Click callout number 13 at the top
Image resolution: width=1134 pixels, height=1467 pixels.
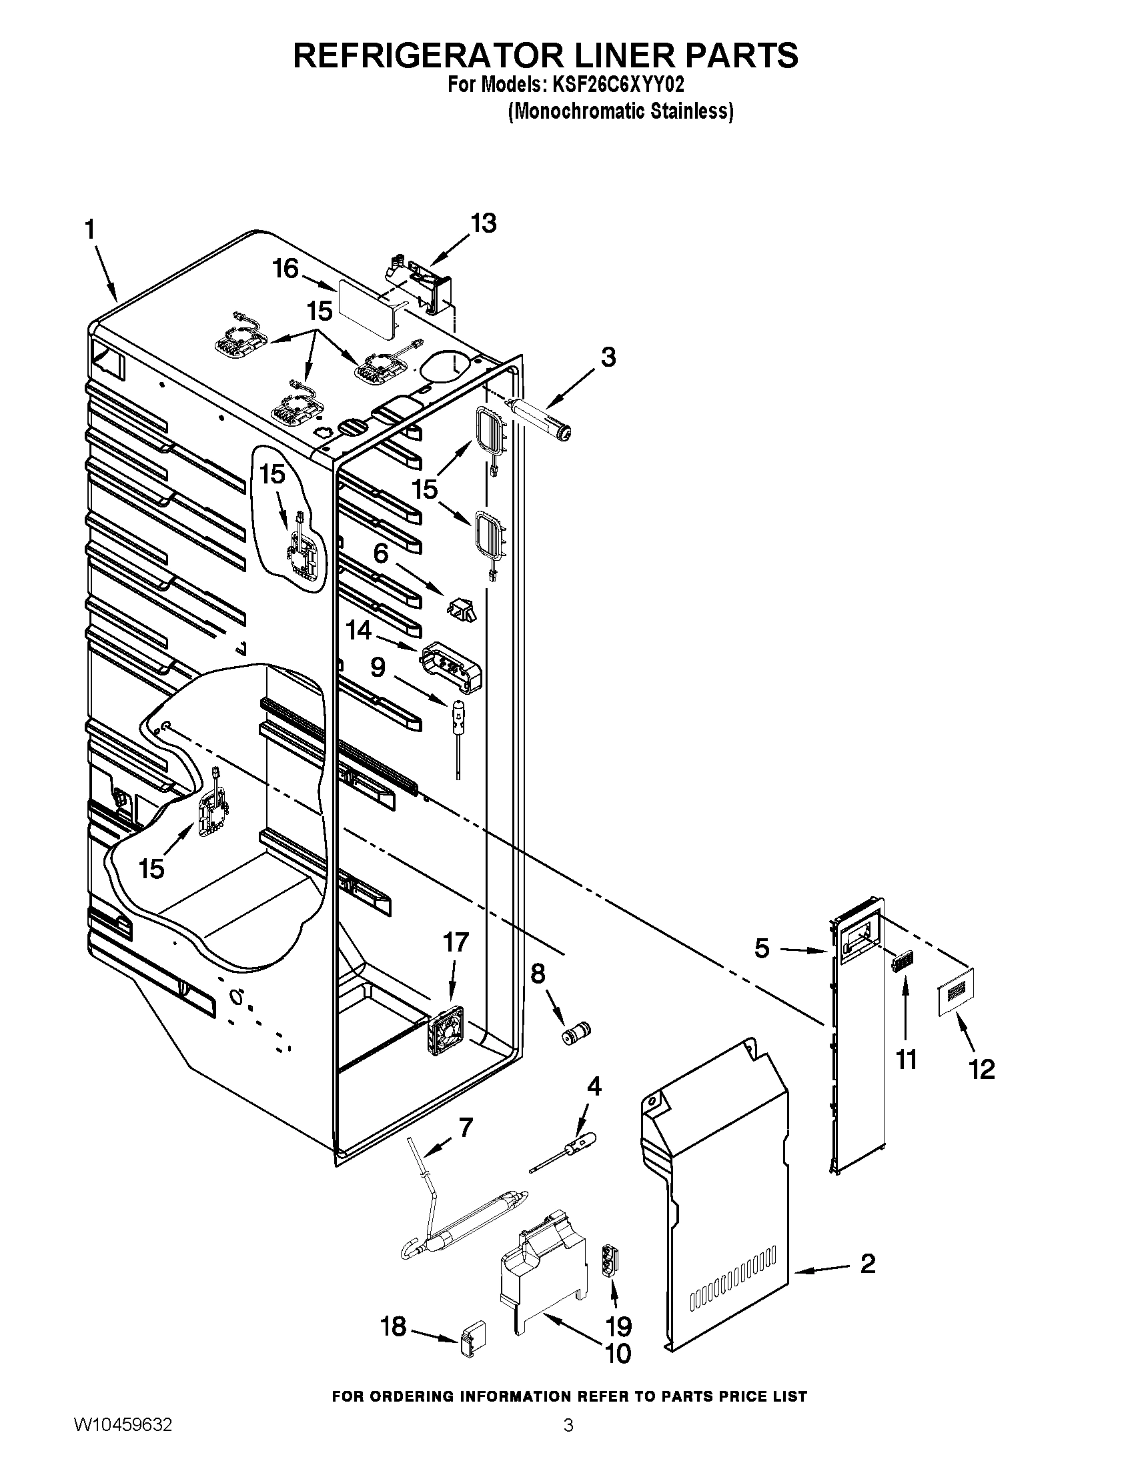point(483,222)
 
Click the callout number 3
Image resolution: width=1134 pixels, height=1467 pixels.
point(607,357)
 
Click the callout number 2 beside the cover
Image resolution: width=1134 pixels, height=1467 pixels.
point(868,1264)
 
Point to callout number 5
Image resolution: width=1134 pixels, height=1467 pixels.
point(761,948)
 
